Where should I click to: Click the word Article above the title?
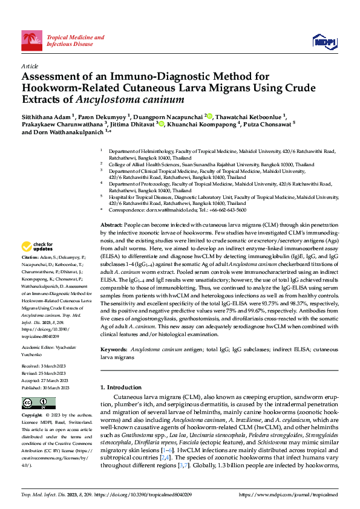[x=29, y=65]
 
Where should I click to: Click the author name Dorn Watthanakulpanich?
[x=63, y=134]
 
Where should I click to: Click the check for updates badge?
[x=38, y=246]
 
